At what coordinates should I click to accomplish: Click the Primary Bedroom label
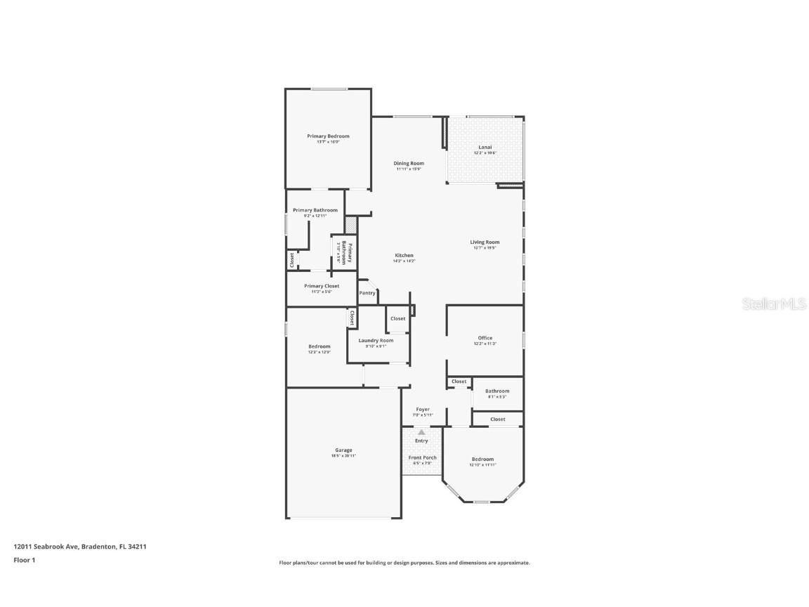tap(328, 136)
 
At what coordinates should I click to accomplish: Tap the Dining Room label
tap(408, 164)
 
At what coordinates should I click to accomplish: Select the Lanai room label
tap(485, 148)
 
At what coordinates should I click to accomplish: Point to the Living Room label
tap(485, 242)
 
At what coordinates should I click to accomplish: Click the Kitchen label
tap(404, 256)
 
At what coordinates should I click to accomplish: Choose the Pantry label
tap(367, 293)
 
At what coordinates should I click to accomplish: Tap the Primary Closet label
tap(322, 287)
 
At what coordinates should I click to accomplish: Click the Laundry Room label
tap(376, 341)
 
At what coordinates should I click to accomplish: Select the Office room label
tap(485, 339)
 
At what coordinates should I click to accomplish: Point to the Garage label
tap(343, 450)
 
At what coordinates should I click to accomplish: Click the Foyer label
tap(423, 410)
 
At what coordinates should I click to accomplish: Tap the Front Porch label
tap(423, 458)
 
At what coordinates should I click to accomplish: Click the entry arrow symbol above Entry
tap(421, 433)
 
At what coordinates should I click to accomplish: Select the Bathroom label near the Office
tap(497, 391)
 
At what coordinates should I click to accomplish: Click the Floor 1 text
tap(25, 560)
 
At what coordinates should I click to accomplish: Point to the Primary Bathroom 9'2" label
tap(315, 211)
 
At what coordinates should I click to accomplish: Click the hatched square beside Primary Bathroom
tap(351, 226)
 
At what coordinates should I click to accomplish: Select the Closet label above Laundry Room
tap(398, 319)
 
